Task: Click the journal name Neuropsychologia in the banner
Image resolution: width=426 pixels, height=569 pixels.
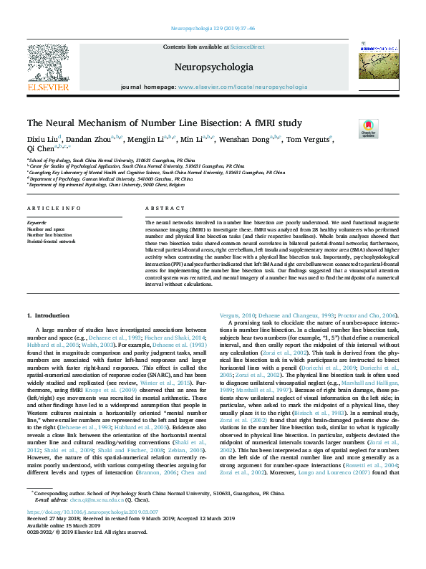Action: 213,67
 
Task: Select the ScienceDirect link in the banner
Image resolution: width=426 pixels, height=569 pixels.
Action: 247,46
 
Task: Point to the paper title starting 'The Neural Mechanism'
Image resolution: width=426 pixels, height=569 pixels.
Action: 164,123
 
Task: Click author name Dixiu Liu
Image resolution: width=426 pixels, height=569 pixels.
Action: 43,138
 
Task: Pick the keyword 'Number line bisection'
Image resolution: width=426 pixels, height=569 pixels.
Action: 49,234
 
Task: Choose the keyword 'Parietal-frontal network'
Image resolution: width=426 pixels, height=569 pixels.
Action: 51,241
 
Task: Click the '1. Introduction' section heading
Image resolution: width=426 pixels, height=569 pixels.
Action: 49,315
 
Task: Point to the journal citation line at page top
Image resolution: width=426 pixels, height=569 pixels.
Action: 213,29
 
